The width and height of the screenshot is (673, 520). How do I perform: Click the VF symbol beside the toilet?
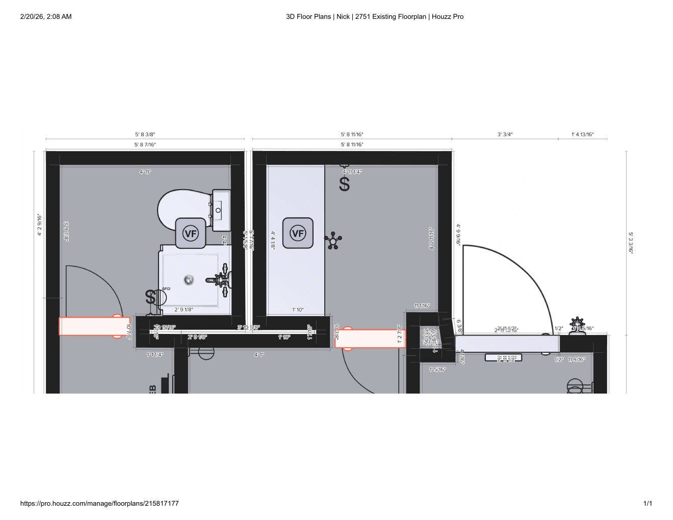190,234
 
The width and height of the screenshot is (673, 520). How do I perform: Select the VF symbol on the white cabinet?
298,233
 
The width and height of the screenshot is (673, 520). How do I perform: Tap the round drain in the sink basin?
189,279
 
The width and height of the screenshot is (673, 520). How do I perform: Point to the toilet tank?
221,210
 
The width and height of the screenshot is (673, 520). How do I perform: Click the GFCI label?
166,289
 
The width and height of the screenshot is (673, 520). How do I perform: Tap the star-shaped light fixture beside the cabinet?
333,240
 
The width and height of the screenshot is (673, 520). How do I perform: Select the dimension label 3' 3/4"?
505,135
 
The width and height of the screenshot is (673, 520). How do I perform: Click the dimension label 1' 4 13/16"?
582,135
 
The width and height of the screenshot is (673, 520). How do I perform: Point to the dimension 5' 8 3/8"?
145,135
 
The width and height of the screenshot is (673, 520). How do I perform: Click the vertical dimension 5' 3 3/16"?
631,243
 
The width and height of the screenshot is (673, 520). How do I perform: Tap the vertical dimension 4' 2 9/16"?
40,225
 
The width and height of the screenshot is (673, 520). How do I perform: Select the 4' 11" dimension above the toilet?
145,172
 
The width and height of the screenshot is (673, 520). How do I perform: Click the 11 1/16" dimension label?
422,306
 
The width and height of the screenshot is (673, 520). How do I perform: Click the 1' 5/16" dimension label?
437,370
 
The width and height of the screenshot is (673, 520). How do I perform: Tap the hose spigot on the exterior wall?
577,323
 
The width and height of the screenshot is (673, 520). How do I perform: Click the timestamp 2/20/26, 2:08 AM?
46,17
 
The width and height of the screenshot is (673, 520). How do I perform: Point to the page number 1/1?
648,504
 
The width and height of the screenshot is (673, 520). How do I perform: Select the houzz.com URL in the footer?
99,504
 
